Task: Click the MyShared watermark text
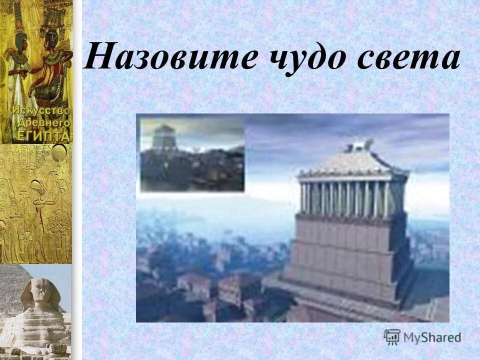(432, 337)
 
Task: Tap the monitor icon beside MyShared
(391, 336)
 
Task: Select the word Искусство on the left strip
(42, 110)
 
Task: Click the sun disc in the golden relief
(58, 152)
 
